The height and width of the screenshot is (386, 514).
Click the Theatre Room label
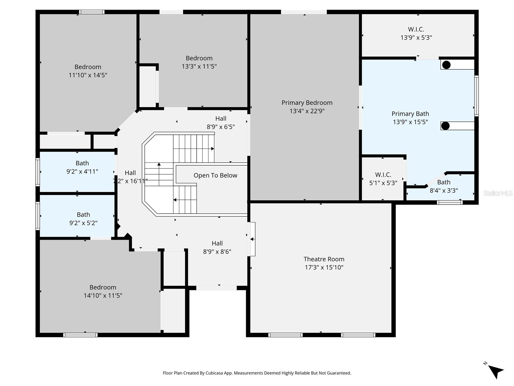pyautogui.click(x=324, y=259)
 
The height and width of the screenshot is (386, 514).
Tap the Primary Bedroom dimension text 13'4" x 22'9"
pyautogui.click(x=307, y=111)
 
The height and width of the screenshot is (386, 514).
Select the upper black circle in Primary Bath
pyautogui.click(x=446, y=65)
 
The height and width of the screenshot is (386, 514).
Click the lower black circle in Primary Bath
pyautogui.click(x=445, y=126)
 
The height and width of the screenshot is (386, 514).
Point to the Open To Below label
pyautogui.click(x=215, y=175)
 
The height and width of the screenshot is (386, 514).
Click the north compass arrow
pyautogui.click(x=496, y=371)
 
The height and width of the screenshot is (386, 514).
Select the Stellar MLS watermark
pyautogui.click(x=498, y=193)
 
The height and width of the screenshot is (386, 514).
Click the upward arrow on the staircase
pyautogui.click(x=159, y=165)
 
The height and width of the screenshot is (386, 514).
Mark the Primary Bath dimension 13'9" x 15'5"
pyautogui.click(x=410, y=122)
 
